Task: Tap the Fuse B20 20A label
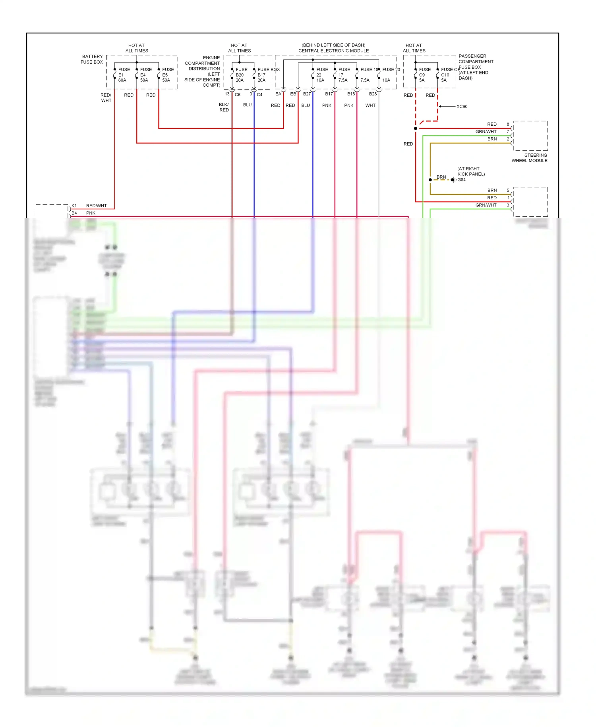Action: pos(241,75)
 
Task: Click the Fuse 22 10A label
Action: pos(321,75)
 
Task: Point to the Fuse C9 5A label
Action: pos(424,75)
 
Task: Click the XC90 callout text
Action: pos(462,107)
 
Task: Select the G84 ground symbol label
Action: pos(461,180)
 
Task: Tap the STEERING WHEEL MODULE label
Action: pos(529,158)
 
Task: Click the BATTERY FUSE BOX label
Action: pos(92,59)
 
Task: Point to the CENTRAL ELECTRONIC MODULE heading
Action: pos(333,51)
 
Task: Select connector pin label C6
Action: pos(237,95)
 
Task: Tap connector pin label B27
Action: pos(307,94)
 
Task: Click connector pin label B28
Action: pos(373,94)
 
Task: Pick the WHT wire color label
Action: pos(370,105)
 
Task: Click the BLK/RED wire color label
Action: pos(224,107)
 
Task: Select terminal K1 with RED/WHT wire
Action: pos(74,206)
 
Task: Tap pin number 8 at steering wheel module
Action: pos(508,124)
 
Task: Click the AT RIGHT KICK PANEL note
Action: pos(471,171)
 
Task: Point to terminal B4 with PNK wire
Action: pos(74,213)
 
